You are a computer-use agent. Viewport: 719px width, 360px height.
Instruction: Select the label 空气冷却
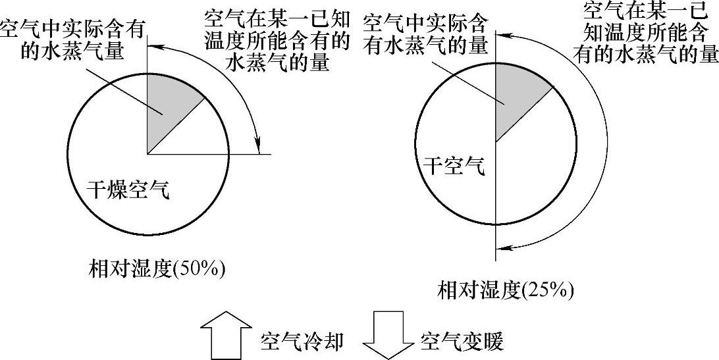tap(301, 340)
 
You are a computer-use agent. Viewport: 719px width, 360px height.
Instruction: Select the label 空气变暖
tap(462, 340)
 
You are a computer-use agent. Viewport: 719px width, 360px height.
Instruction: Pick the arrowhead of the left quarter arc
tap(259, 143)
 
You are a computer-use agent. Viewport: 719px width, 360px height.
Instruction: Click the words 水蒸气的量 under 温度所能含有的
tap(277, 63)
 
